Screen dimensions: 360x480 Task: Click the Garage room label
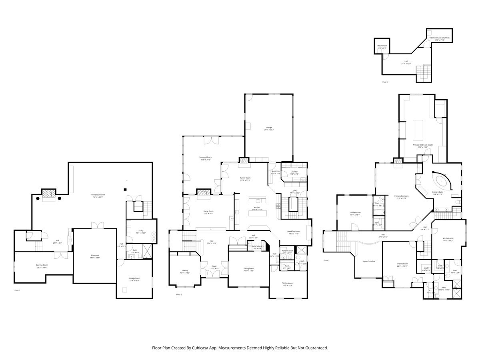(268, 128)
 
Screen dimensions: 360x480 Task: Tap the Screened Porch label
(206, 158)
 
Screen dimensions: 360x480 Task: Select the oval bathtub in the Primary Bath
(442, 181)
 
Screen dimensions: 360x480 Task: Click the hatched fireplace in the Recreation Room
(48, 194)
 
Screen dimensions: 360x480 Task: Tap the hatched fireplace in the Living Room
(203, 192)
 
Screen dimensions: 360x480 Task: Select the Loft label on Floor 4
(406, 61)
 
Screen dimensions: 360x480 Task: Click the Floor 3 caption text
(326, 260)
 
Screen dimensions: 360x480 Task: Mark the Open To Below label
(369, 261)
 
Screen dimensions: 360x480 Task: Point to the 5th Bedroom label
(288, 283)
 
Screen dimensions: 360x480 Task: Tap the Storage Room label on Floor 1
(134, 278)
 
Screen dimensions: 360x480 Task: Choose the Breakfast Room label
(294, 231)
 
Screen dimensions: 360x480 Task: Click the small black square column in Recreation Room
(125, 189)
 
